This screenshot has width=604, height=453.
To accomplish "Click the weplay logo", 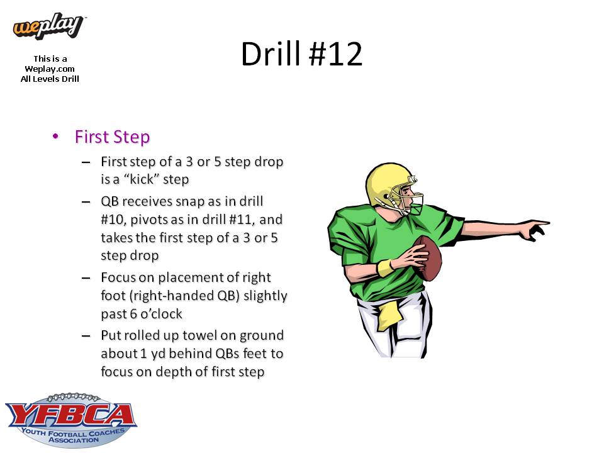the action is pyautogui.click(x=49, y=26).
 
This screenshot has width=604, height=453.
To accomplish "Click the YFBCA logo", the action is pyautogui.click(x=71, y=420).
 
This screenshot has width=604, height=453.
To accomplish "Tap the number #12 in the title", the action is pyautogui.click(x=335, y=54).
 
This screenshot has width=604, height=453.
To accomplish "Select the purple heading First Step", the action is pyautogui.click(x=112, y=137).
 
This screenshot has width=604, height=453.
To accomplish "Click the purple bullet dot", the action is pyautogui.click(x=55, y=136).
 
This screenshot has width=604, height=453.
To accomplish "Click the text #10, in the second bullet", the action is pyautogui.click(x=114, y=220).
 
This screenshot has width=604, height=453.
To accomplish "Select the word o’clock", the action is pyautogui.click(x=161, y=314).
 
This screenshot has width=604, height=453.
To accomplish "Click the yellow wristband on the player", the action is pyautogui.click(x=384, y=268).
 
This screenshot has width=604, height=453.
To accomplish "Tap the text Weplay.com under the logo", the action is pyautogui.click(x=50, y=69).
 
